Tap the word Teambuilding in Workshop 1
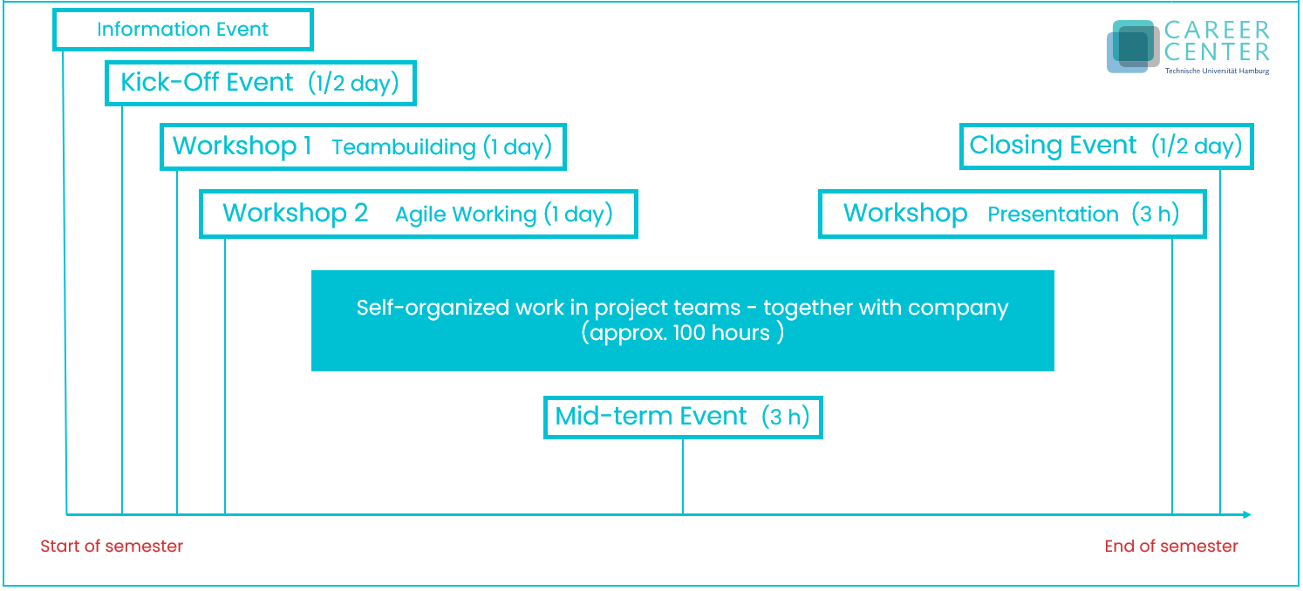[404, 147]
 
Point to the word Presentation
[1053, 214]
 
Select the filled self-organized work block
[682, 320]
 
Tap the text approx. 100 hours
[682, 333]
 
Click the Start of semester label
[112, 547]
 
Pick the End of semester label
[1171, 547]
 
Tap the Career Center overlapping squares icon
[1133, 46]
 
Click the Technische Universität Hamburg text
[1217, 71]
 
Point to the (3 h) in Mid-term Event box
[785, 417]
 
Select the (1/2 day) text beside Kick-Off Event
[353, 83]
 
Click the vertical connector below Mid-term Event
[683, 477]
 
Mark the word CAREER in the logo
[1217, 30]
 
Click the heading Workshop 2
[295, 213]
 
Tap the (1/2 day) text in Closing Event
[1197, 146]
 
